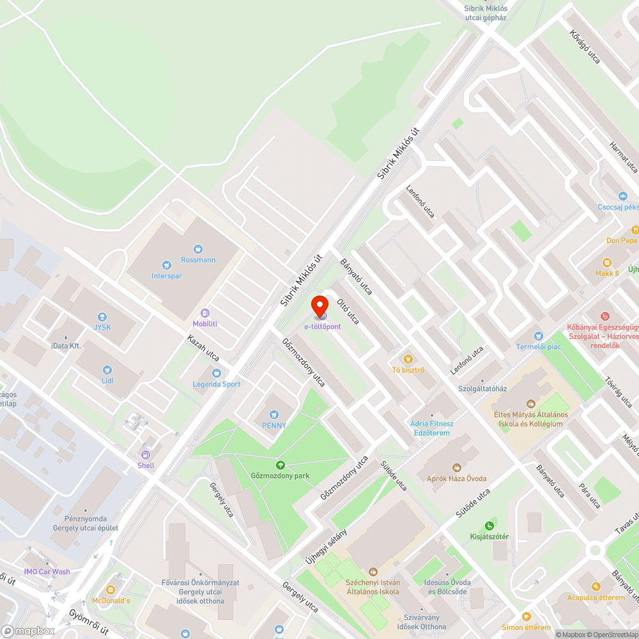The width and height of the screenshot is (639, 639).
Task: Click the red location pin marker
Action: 319,305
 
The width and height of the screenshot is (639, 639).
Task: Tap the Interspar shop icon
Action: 167,265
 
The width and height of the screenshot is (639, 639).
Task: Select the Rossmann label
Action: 198,260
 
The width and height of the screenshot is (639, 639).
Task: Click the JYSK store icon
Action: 101,317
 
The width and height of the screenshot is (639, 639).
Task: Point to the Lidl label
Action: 107,381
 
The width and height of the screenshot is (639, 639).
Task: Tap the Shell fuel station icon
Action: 146,454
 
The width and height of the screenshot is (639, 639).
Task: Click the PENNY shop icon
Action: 274,414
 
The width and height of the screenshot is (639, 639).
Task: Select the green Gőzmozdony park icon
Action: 280,465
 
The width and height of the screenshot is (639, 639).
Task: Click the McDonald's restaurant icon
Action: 111,589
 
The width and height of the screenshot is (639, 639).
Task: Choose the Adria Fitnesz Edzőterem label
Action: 432,428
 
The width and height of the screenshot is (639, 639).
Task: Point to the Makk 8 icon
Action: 607,263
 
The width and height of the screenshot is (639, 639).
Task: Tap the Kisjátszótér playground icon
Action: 489,525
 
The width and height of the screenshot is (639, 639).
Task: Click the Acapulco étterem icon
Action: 596,586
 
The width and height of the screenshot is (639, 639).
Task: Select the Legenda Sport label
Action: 217,384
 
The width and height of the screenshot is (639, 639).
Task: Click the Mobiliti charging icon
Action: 205,313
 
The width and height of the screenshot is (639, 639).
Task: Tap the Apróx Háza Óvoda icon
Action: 456,468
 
